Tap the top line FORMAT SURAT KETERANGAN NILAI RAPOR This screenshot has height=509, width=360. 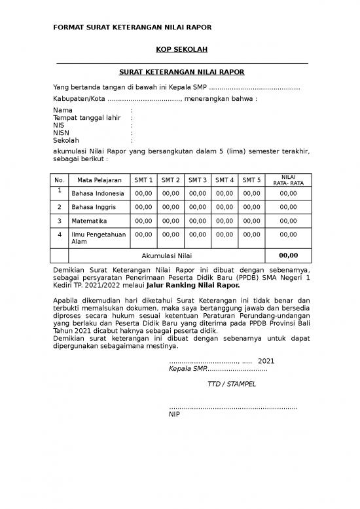132,28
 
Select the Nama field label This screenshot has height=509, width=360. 63,110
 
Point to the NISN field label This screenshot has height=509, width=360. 62,132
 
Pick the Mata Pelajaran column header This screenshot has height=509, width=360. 99,180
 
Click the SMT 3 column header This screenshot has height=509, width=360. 197,180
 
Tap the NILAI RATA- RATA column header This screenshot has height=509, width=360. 287,180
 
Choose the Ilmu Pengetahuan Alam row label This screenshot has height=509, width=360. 98,238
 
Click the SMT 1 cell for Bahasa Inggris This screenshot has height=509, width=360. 143,208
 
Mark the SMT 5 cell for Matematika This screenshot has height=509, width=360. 251,221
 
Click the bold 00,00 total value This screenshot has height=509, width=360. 288,256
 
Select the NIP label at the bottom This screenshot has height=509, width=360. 175,414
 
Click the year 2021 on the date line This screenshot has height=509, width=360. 266,361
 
